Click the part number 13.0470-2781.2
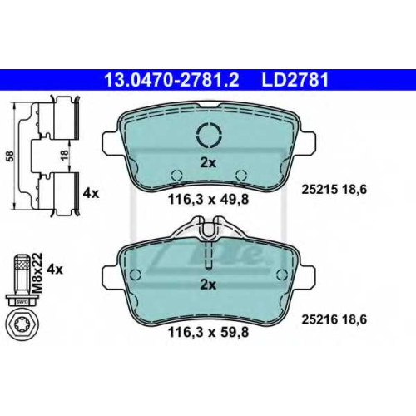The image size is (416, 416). (171, 80)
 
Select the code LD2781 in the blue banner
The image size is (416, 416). (295, 80)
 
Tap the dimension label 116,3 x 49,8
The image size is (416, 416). (208, 199)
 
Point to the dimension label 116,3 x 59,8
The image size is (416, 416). (208, 332)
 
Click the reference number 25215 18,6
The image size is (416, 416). (334, 190)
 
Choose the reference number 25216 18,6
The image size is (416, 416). (334, 319)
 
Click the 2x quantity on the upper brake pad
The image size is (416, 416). (208, 163)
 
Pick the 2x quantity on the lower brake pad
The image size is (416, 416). (208, 285)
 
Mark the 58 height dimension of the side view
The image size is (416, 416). (11, 156)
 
